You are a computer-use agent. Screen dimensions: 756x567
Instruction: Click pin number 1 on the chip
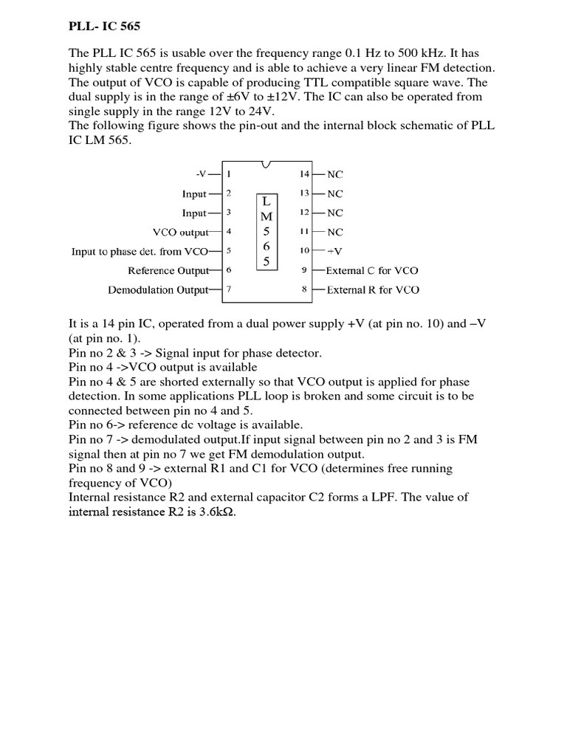click(229, 174)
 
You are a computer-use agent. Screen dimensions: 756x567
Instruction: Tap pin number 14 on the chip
click(303, 174)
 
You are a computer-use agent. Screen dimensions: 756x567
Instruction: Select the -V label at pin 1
click(202, 174)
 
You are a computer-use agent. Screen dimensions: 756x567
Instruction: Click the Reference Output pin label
click(168, 270)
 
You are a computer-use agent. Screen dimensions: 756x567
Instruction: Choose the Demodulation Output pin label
click(158, 289)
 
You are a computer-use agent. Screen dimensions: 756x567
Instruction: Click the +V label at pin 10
click(334, 251)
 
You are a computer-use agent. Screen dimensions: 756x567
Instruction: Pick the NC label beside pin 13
click(335, 193)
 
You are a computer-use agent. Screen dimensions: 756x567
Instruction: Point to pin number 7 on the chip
click(229, 289)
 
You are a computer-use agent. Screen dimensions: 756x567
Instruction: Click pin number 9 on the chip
click(304, 270)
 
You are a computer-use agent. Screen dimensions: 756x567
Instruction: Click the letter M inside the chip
click(267, 216)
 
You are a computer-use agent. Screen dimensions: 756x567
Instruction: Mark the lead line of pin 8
click(318, 289)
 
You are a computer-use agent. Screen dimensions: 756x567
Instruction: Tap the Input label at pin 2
click(194, 193)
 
